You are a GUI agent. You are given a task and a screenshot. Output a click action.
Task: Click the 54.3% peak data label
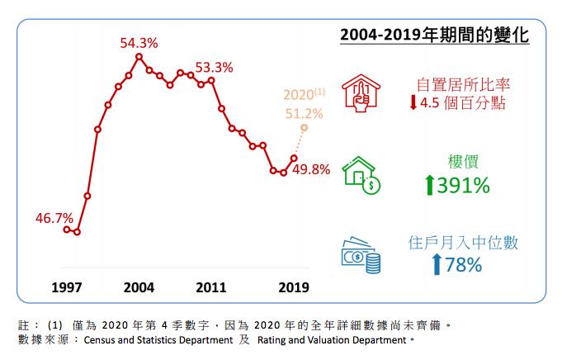coord(139,42)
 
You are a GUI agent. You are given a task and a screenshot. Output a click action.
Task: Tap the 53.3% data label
coord(214,67)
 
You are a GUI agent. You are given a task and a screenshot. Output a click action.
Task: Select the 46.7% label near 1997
coord(54,218)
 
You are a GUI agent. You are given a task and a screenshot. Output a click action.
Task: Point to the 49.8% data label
coord(311,169)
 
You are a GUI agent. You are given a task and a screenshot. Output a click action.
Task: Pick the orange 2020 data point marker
coord(305,128)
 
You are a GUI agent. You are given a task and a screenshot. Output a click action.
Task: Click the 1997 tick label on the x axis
coord(67,287)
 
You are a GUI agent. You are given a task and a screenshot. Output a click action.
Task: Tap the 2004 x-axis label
coord(139,287)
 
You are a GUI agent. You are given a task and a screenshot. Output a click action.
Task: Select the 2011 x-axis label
coord(212,287)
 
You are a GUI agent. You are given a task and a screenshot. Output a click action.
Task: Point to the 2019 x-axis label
coord(293,287)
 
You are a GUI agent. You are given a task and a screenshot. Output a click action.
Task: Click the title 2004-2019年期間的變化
coord(434,37)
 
